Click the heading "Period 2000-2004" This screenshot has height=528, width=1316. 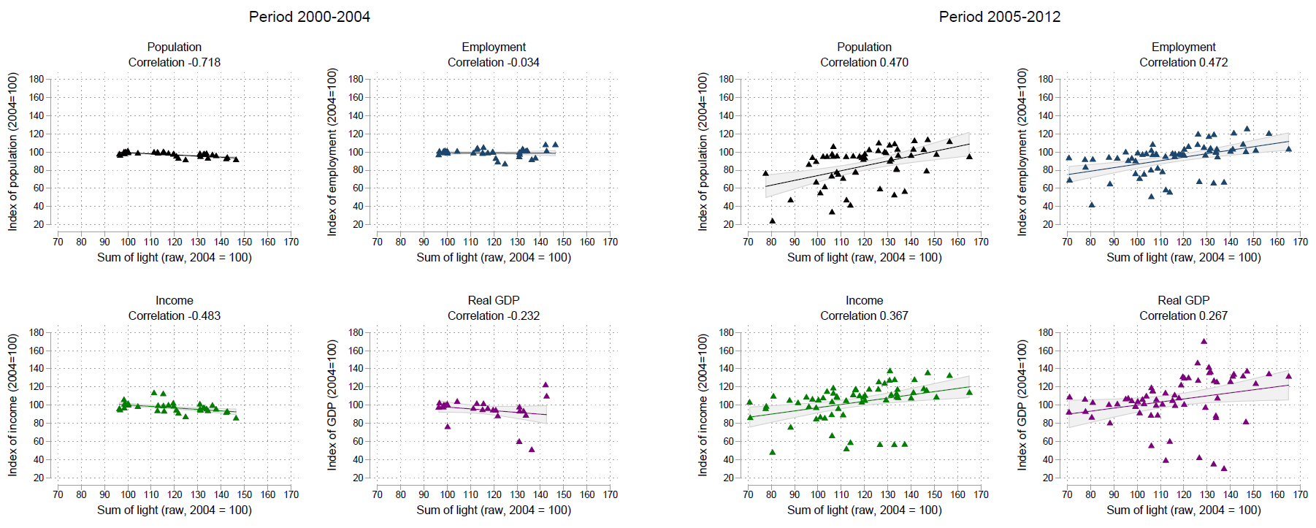click(x=309, y=17)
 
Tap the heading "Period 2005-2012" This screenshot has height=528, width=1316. click(x=999, y=17)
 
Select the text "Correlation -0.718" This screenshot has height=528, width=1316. click(x=174, y=63)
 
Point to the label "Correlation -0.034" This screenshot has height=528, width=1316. click(x=493, y=63)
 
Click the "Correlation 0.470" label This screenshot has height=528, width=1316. click(x=864, y=63)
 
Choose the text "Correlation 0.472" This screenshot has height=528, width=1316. click(x=1183, y=63)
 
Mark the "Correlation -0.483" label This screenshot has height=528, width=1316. click(x=174, y=316)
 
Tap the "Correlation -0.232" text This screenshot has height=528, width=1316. click(x=493, y=316)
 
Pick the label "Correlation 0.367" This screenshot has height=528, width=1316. click(x=864, y=316)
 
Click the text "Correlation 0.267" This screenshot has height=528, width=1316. click(x=1183, y=316)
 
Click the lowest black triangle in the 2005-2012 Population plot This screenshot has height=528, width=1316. click(x=772, y=221)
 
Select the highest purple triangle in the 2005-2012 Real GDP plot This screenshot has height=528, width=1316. click(x=1204, y=341)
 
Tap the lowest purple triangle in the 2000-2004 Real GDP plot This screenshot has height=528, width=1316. click(x=532, y=449)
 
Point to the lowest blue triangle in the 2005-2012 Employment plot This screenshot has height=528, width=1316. click(x=1092, y=204)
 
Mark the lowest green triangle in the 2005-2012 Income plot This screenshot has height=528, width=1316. click(x=772, y=452)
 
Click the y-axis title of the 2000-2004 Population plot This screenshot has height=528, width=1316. click(x=12, y=152)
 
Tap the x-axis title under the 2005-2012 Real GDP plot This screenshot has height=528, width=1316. click(x=1183, y=510)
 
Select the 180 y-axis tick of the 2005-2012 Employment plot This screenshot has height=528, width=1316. click(x=1045, y=79)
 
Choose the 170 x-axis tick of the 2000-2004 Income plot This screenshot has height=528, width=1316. click(x=291, y=494)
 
